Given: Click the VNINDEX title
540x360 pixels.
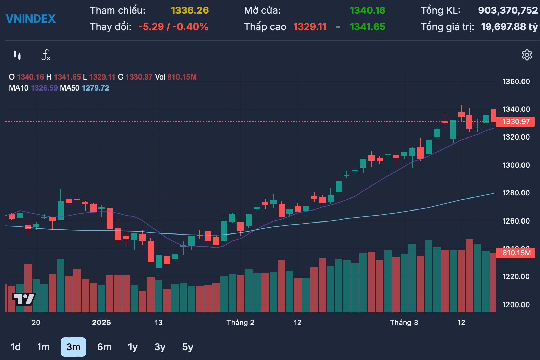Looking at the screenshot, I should pos(30,19).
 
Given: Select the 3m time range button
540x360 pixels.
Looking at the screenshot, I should pos(73,347).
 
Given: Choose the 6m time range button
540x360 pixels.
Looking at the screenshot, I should pos(104,347).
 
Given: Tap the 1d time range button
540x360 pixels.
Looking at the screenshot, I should pos(16,347).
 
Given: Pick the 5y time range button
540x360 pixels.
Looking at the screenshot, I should pos(187,347).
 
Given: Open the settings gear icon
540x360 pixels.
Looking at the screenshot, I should pos(527,55).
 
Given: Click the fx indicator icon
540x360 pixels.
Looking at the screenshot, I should pos(46,55).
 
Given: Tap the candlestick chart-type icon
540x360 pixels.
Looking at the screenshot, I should pos(17,55).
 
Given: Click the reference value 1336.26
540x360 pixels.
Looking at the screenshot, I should pos(189,10).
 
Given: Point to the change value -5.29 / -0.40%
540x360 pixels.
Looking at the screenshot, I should pos(173,27).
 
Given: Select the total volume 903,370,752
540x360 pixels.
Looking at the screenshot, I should pos(508,10).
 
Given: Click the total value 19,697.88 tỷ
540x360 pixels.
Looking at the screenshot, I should pos(509,27).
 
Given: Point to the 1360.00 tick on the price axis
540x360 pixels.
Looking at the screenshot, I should pos(516,82).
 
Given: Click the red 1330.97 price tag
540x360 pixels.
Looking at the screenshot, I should pos(515,122).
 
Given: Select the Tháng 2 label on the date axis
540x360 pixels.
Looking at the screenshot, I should pos(240,322).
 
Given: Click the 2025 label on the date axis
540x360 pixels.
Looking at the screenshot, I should pos(101,322).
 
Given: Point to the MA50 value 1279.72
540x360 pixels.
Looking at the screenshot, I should pos(95,88).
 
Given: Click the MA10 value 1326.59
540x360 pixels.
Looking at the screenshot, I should pos(44,88).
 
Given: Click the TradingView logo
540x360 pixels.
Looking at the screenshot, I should pos(24,299).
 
